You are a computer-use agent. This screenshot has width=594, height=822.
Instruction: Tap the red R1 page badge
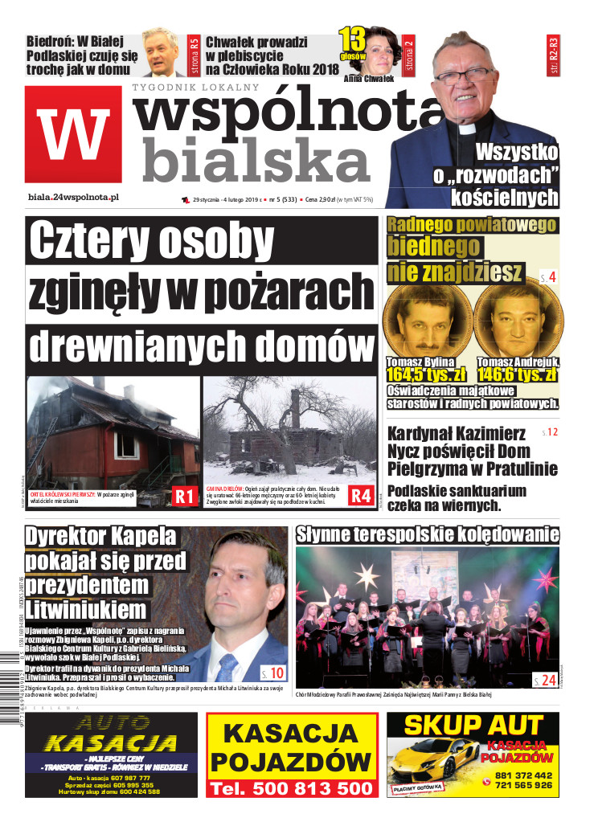point(185,497)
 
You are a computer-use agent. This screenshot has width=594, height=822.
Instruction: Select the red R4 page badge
point(360,497)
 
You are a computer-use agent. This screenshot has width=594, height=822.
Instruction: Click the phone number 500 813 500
point(291,788)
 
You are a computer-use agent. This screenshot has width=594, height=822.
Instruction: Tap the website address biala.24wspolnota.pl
point(73,197)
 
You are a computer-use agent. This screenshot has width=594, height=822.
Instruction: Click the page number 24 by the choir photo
point(546,681)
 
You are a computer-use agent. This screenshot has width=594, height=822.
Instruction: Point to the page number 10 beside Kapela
point(273,673)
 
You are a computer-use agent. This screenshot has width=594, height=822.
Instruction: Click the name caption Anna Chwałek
point(368,79)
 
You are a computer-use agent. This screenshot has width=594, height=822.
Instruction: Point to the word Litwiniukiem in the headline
point(85,607)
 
